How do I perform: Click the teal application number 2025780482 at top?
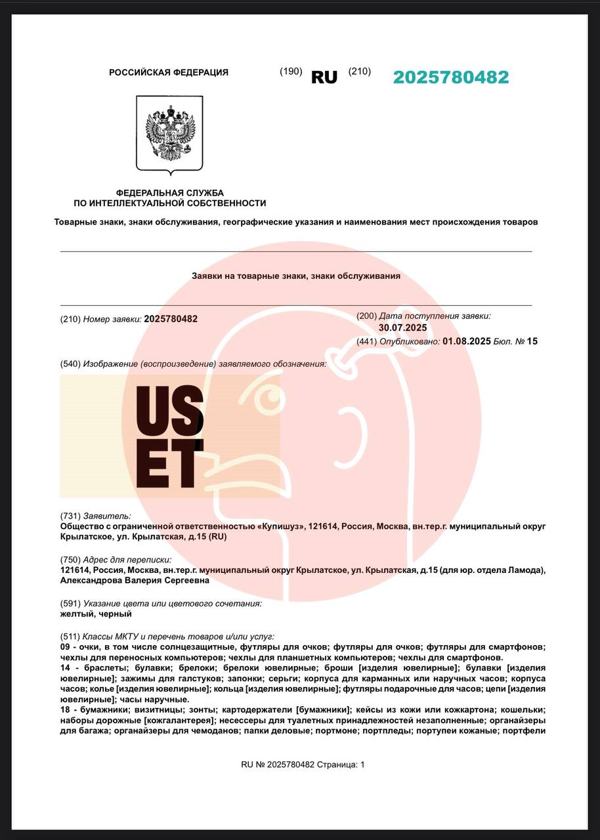(450, 77)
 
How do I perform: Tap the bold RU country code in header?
(324, 77)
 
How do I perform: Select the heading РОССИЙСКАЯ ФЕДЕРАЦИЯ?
(169, 73)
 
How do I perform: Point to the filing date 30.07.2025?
(402, 327)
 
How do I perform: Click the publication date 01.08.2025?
(466, 341)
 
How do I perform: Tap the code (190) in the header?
(291, 72)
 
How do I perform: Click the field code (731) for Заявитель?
(70, 516)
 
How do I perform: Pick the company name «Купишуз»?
(282, 526)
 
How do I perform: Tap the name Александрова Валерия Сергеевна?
(135, 580)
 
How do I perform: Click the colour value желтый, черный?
(96, 614)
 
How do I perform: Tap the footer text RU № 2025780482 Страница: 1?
(303, 765)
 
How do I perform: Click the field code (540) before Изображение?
(70, 364)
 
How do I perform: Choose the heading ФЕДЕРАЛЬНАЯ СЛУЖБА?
(169, 193)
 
